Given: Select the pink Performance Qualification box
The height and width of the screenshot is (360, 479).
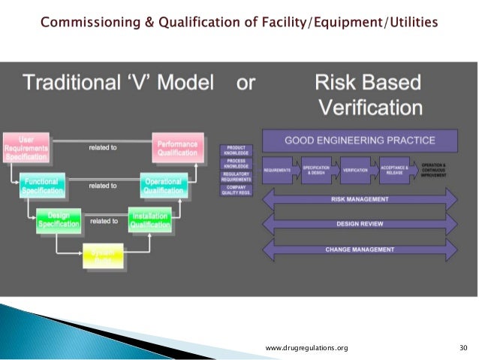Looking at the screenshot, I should click(177, 147).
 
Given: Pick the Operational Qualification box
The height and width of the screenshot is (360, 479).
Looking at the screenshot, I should click(162, 186).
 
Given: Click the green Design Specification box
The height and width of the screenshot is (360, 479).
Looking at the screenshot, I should click(59, 222).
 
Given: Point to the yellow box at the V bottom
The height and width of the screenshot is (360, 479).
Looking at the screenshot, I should click(104, 256).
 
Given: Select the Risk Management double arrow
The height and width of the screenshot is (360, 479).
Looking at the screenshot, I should click(359, 199).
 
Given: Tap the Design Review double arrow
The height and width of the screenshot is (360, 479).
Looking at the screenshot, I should click(359, 224).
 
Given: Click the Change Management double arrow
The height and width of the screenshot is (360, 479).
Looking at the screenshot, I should click(359, 249).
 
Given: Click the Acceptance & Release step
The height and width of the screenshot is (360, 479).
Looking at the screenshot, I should click(394, 170).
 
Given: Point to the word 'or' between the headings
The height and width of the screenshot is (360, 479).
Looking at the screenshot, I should click(246, 83).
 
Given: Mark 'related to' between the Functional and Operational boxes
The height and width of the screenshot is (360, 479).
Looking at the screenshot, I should click(103, 185).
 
